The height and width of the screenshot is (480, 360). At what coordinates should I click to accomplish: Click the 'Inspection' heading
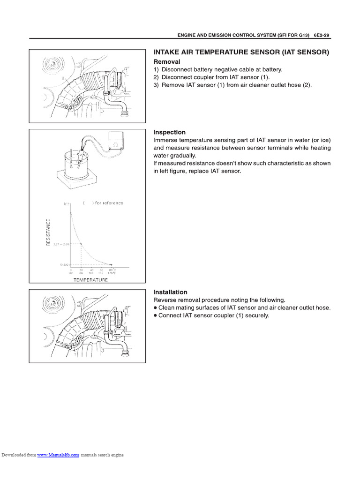coord(170,132)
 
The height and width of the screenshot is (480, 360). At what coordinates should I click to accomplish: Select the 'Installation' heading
coord(171,292)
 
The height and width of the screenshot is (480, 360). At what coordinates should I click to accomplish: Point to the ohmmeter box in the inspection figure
coord(115,139)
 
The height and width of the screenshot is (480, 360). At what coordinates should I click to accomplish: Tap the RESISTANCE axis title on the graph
coord(48,233)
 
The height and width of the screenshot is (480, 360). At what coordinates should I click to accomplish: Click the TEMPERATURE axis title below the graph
coord(90,280)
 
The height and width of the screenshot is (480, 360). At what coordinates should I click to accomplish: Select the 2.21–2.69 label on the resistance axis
coord(61,244)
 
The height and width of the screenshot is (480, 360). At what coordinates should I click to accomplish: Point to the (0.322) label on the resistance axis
coord(64,264)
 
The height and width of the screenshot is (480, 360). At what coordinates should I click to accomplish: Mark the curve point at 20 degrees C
coord(82,244)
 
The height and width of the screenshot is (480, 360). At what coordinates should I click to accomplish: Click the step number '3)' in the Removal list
coord(157,85)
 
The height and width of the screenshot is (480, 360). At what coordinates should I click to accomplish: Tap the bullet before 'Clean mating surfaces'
coord(156,308)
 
